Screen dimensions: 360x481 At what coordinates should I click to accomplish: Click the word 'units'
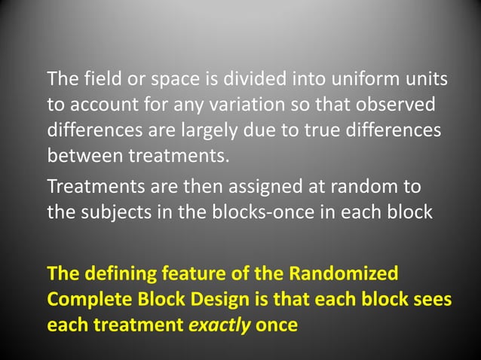pos(421,79)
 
